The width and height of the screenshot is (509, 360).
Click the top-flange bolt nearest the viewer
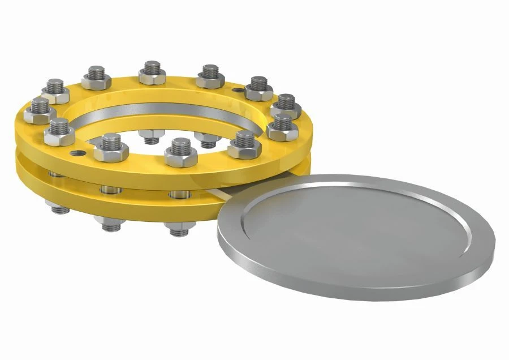click(x=182, y=153)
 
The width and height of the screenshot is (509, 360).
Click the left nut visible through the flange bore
click(x=150, y=136)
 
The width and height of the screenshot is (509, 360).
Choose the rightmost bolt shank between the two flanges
click(x=176, y=195)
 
